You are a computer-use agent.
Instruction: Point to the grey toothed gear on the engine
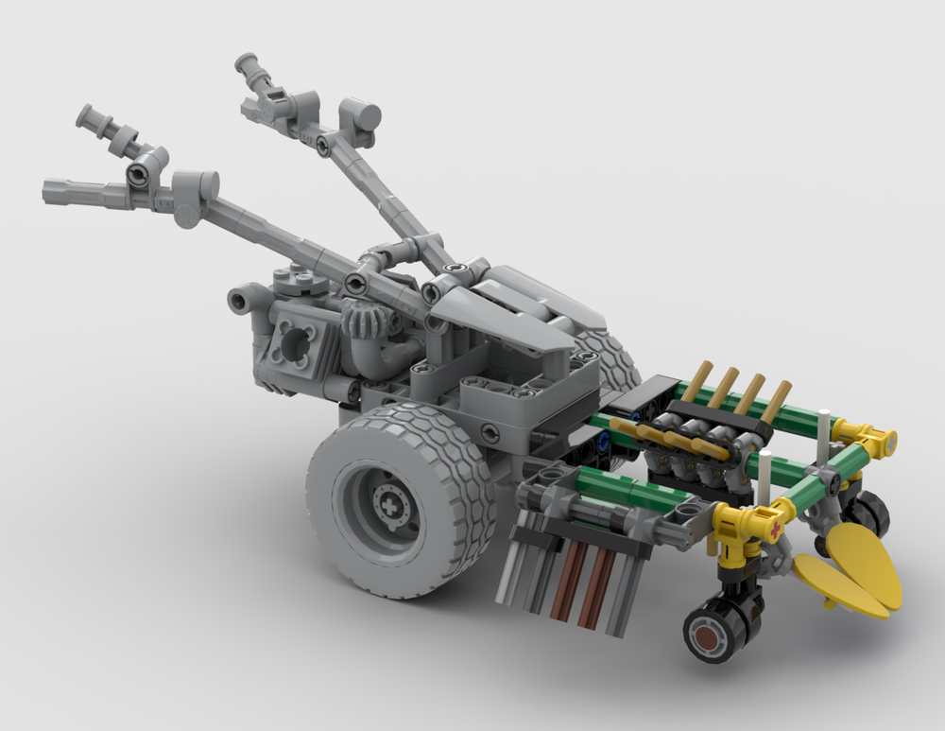362,322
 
